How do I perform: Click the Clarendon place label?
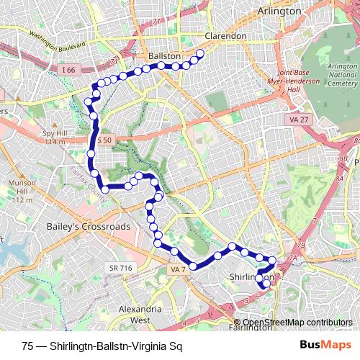pyautogui.click(x=225, y=35)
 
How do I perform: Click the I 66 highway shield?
pyautogui.click(x=68, y=69)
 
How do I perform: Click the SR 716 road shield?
pyautogui.click(x=121, y=268)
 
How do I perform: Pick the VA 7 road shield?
pyautogui.click(x=179, y=269)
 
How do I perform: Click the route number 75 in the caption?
pyautogui.click(x=27, y=346)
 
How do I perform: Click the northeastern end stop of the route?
pyautogui.click(x=200, y=53)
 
